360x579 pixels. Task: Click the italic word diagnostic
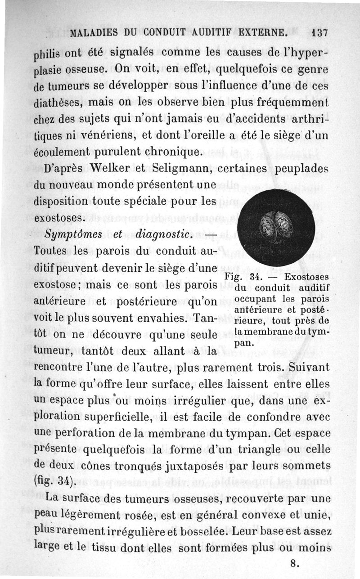[x=165, y=235]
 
